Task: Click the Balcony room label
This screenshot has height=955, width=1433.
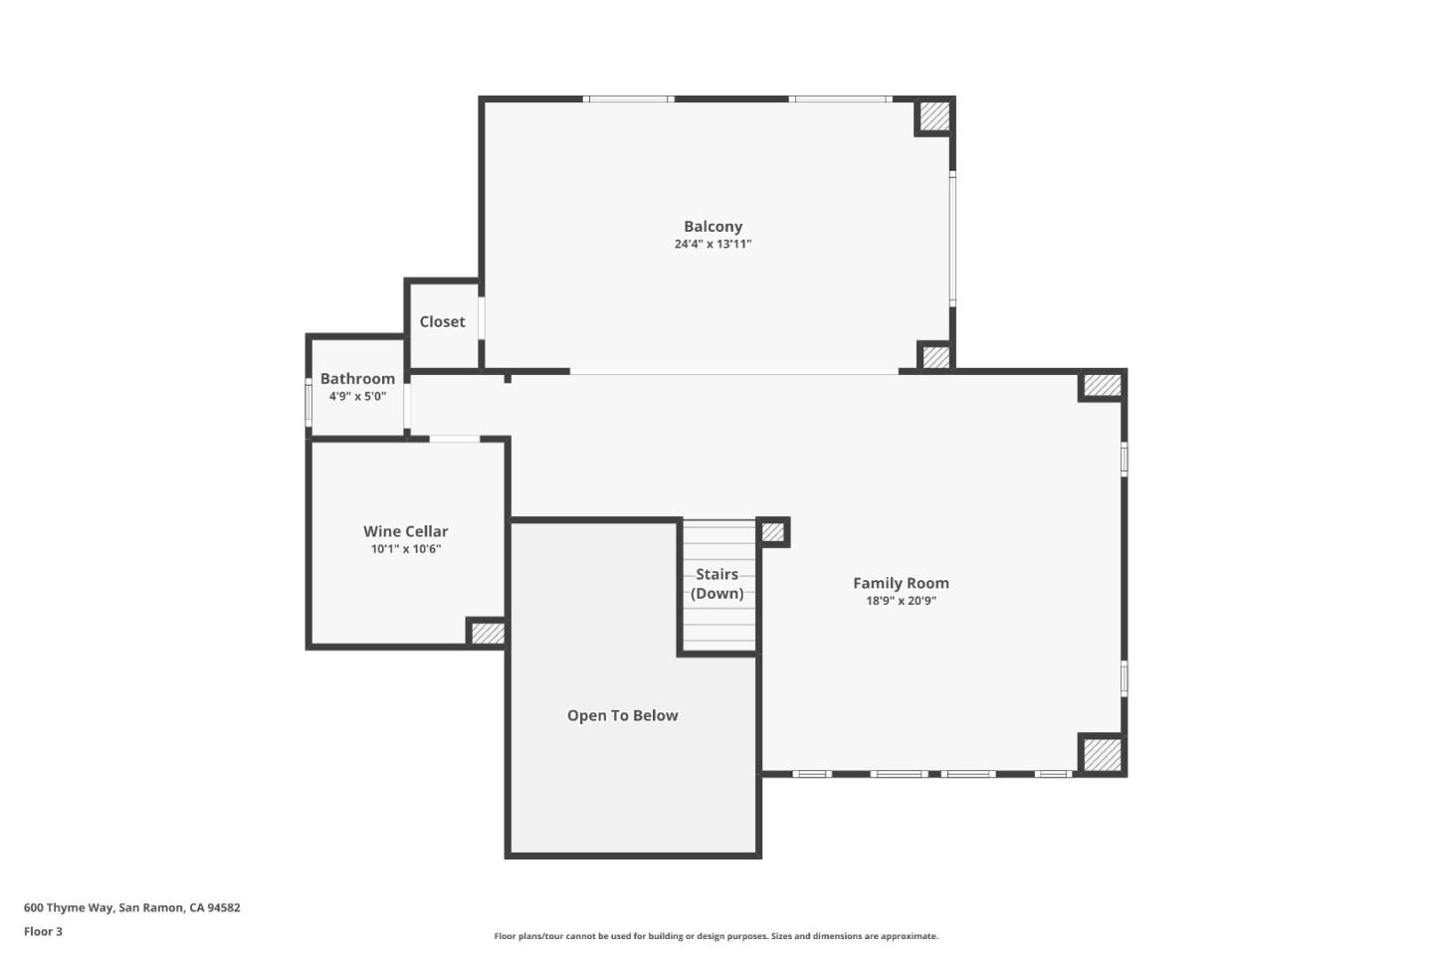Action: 713,227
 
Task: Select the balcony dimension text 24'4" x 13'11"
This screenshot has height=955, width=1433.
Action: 713,245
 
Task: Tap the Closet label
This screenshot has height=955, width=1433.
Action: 442,322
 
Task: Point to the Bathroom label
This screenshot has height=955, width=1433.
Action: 357,379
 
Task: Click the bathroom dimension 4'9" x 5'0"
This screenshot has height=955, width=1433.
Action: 357,397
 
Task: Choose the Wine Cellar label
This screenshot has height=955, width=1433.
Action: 405,532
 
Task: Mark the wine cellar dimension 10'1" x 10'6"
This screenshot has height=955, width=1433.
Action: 405,549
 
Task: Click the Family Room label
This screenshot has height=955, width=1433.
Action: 901,584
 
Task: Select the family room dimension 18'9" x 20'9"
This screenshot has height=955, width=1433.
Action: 901,601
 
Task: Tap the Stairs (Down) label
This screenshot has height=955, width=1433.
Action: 716,584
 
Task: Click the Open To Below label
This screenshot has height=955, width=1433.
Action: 622,716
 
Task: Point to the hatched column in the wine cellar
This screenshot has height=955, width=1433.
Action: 487,633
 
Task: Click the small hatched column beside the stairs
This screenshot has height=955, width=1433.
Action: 773,532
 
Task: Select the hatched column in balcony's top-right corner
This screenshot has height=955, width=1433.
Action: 933,116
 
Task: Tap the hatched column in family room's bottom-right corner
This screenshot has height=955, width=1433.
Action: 1102,754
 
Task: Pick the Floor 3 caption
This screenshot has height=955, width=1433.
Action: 43,932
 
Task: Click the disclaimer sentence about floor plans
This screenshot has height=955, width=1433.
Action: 716,936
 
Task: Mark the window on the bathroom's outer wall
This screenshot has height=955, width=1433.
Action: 308,403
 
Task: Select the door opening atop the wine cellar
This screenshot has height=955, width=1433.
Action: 455,439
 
